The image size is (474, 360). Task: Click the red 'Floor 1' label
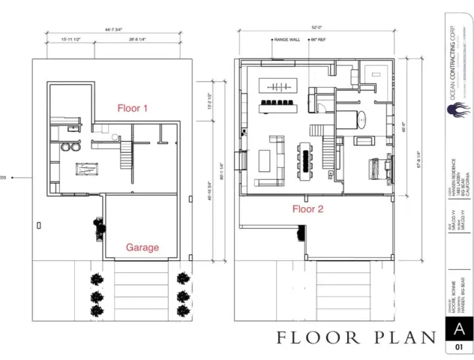coord(133,108)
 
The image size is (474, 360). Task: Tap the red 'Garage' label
coord(142,247)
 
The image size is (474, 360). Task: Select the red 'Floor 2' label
coord(307,209)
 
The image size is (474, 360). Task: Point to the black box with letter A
coord(458,328)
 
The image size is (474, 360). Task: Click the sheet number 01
coord(458,348)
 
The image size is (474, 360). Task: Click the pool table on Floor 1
coord(86,169)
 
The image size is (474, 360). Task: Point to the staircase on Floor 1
coord(126,155)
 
